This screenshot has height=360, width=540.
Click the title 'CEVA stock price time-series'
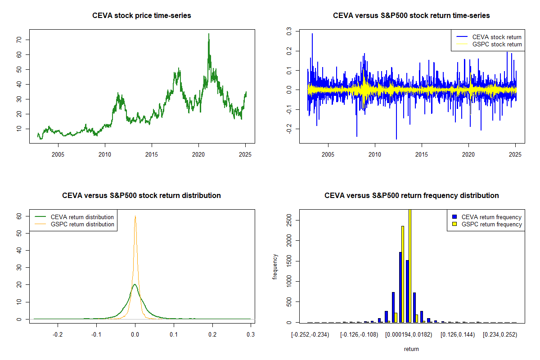(142, 16)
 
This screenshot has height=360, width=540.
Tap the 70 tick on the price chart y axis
(20, 40)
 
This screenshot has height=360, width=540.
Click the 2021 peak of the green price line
(209, 34)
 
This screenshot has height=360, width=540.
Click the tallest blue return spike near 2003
(312, 34)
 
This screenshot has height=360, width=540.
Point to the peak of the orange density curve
(135, 216)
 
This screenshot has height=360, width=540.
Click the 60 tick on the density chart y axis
(20, 216)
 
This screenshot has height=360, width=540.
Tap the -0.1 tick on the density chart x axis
(96, 335)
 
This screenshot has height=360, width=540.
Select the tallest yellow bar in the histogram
(409, 265)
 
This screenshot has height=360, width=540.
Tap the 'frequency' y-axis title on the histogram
(275, 266)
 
